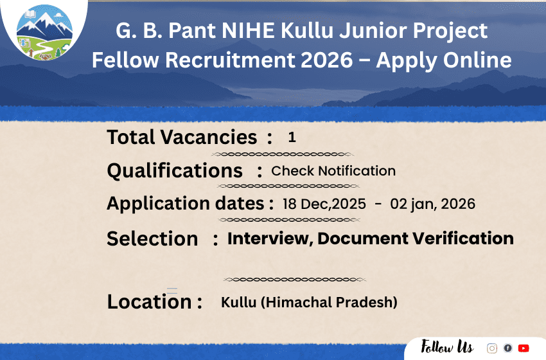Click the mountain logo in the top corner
point(44,33)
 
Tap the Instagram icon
point(492,348)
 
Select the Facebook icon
point(507,348)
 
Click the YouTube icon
point(524,348)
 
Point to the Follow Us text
point(447,348)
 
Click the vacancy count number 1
point(292,137)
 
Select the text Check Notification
point(333,171)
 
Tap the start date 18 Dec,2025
point(324,204)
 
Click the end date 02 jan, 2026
point(433,204)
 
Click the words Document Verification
point(416,239)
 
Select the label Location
point(149,301)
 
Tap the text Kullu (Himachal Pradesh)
point(309,301)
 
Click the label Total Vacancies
point(182,137)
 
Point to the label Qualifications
point(175,171)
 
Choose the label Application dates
point(186,204)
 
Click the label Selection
point(152,239)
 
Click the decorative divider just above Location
point(295,280)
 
